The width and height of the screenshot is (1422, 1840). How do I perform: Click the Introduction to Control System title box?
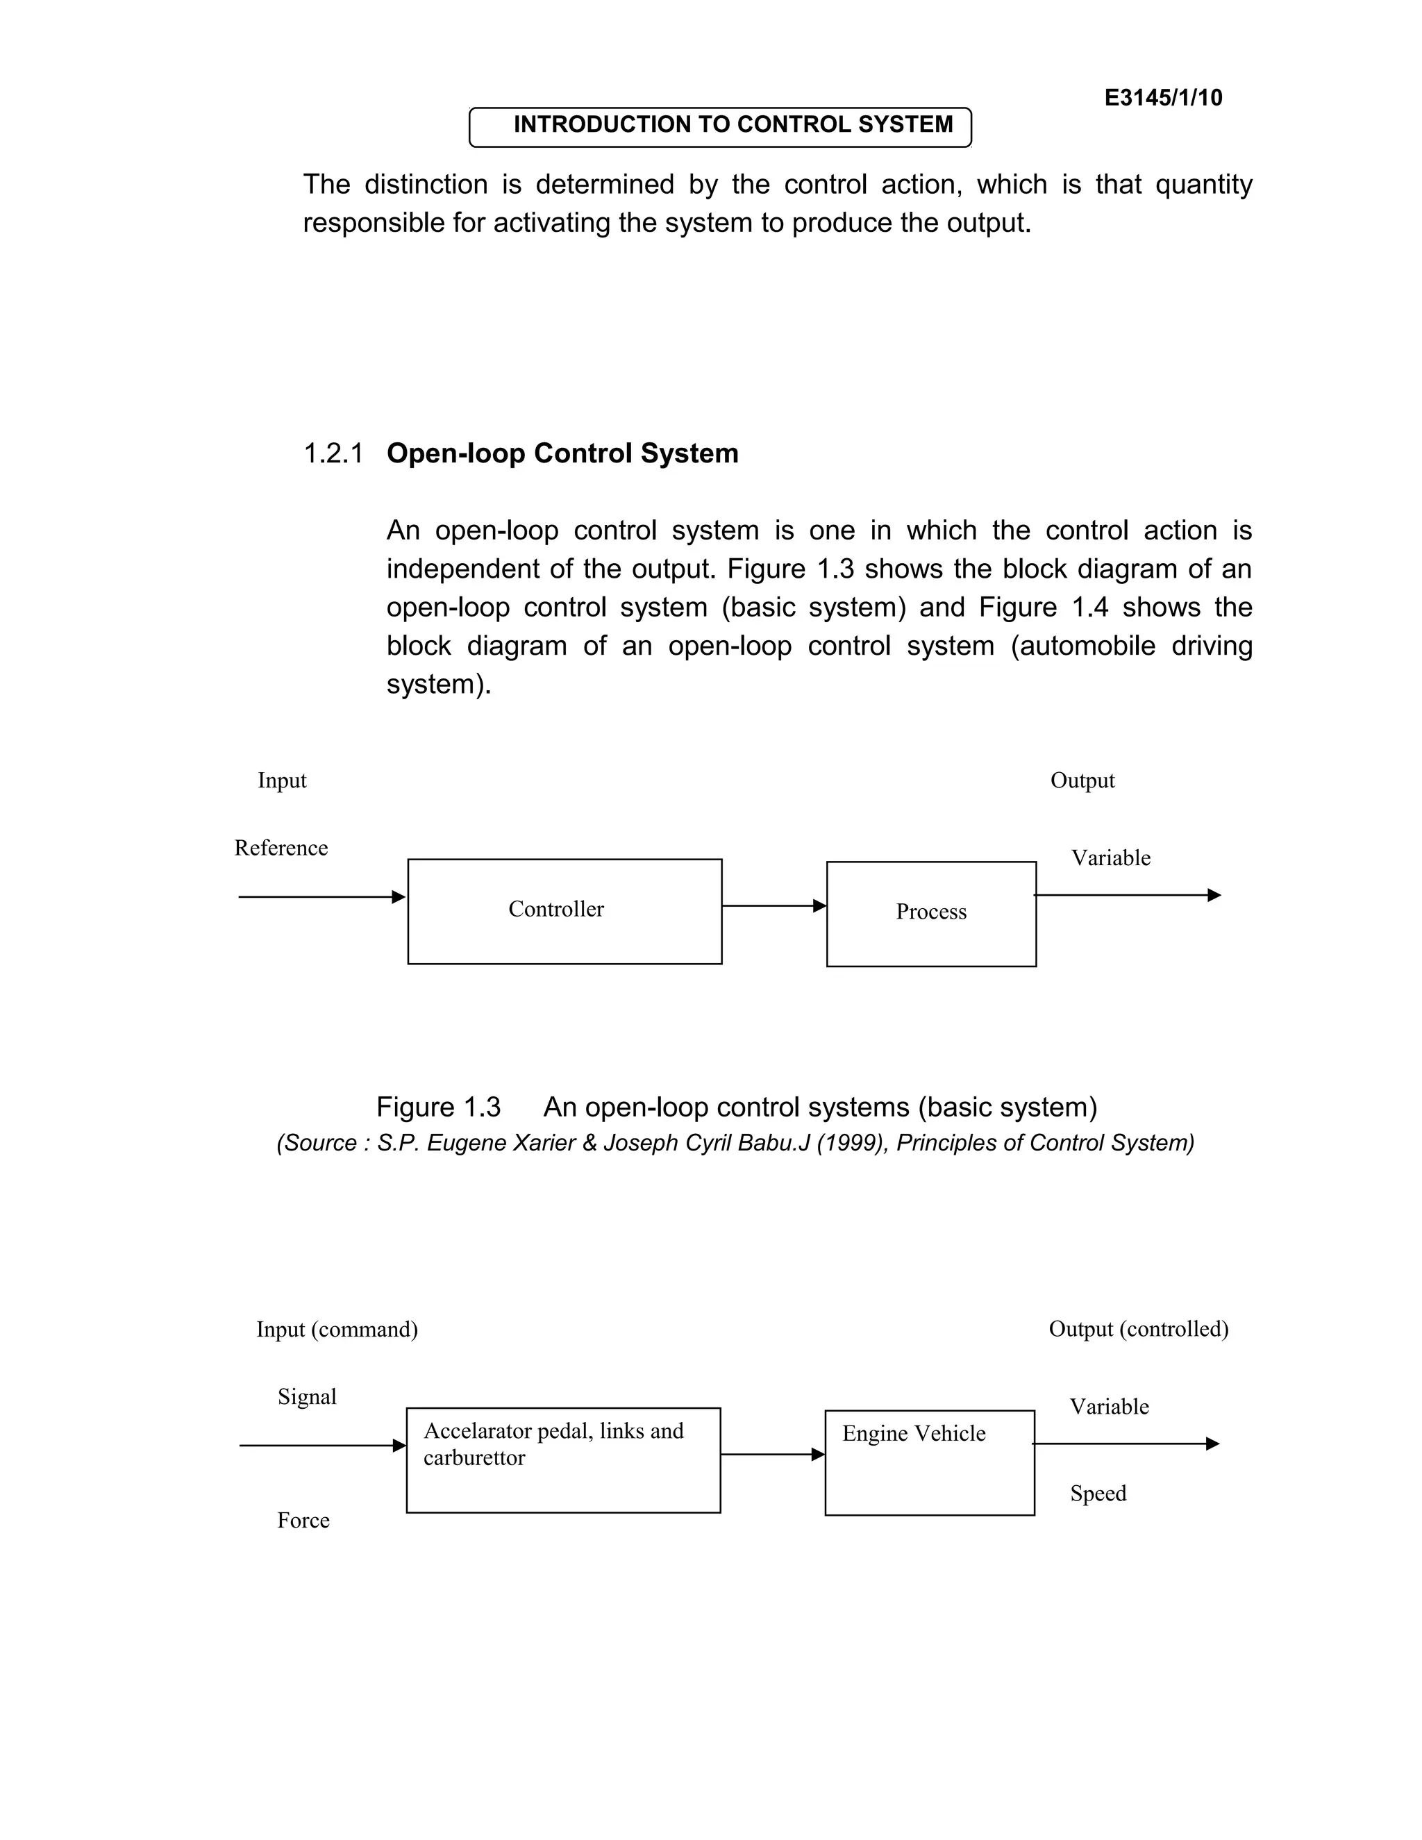[720, 126]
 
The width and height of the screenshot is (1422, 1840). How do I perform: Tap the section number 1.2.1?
[333, 453]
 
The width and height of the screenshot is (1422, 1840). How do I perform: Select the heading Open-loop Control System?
[562, 453]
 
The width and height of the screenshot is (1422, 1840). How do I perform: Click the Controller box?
[564, 912]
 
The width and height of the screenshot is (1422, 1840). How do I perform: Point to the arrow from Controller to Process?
[773, 905]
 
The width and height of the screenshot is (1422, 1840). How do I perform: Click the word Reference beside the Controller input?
[281, 848]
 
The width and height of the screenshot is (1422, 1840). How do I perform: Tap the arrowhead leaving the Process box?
[1214, 895]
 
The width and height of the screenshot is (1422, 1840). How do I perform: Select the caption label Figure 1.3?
[438, 1106]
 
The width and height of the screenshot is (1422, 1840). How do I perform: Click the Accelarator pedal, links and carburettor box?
[562, 1460]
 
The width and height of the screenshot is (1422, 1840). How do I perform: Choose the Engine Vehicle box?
[929, 1462]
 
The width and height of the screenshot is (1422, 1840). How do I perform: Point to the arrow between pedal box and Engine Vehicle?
[771, 1454]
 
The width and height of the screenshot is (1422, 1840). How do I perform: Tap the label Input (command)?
[337, 1330]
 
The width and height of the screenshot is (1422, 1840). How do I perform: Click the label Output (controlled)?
[1138, 1328]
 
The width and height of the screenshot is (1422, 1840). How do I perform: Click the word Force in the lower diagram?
[303, 1521]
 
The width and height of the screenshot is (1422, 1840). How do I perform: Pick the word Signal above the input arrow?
[307, 1397]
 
